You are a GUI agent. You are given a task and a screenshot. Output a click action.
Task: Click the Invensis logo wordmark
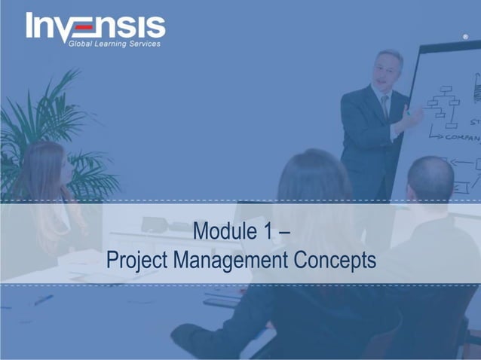(x=96, y=26)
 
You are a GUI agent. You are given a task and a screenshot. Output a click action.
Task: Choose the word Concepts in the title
(x=335, y=261)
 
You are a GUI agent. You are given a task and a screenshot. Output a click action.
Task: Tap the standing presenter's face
(x=390, y=70)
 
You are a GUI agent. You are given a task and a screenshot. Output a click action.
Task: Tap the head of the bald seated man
(x=430, y=179)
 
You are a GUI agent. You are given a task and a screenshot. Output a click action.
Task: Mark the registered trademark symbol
(x=465, y=36)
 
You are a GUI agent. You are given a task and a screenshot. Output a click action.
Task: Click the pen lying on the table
(x=43, y=300)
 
